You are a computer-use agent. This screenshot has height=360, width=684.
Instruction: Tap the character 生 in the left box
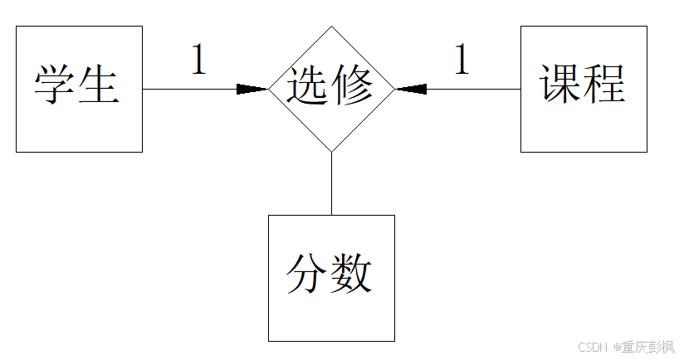[99, 85]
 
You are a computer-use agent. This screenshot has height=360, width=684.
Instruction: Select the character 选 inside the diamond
[309, 85]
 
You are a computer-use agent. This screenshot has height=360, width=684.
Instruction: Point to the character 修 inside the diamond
[352, 85]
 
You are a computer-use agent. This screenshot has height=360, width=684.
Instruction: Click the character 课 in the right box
[561, 85]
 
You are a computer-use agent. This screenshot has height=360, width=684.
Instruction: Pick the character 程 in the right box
[604, 85]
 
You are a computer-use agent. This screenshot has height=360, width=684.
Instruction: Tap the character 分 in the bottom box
[309, 275]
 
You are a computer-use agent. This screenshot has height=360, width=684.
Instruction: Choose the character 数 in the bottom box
[352, 275]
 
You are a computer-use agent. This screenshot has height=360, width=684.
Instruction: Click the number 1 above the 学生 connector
[198, 61]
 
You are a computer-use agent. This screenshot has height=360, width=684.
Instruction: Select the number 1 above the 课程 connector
[462, 61]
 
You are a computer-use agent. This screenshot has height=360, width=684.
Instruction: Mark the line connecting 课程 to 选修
[473, 89]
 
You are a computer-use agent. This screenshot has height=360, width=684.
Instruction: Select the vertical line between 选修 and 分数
[331, 183]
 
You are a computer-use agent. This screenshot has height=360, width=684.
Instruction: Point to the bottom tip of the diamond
[331, 152]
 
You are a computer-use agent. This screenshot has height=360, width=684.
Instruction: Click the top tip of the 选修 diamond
[331, 26]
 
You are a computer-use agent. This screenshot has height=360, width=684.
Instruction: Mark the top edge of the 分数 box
[331, 216]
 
